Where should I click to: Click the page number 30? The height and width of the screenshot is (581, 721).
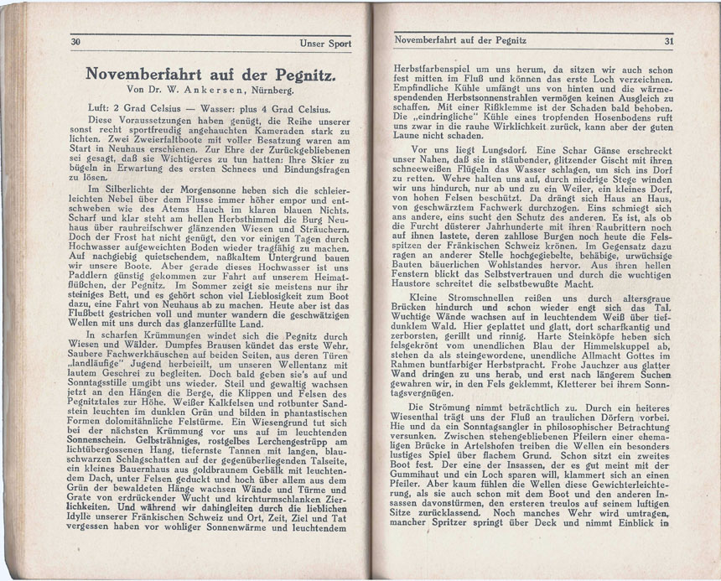pyautogui.click(x=75, y=41)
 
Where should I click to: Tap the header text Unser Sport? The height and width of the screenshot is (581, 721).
pyautogui.click(x=324, y=42)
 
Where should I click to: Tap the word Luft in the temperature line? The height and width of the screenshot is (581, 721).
pyautogui.click(x=100, y=109)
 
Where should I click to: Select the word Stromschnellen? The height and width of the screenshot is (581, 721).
pyautogui.click(x=476, y=298)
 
